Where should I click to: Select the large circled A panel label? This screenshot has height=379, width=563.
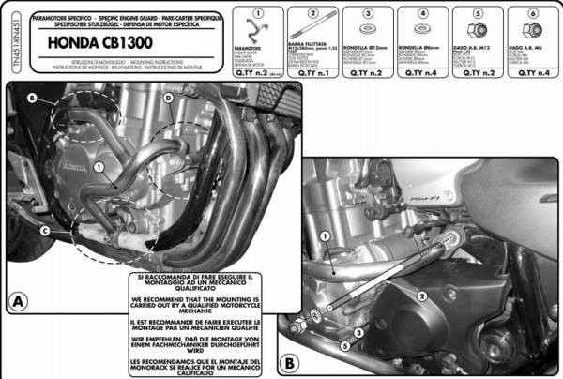[x=16, y=302]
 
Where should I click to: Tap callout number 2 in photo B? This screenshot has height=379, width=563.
[x=422, y=296]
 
